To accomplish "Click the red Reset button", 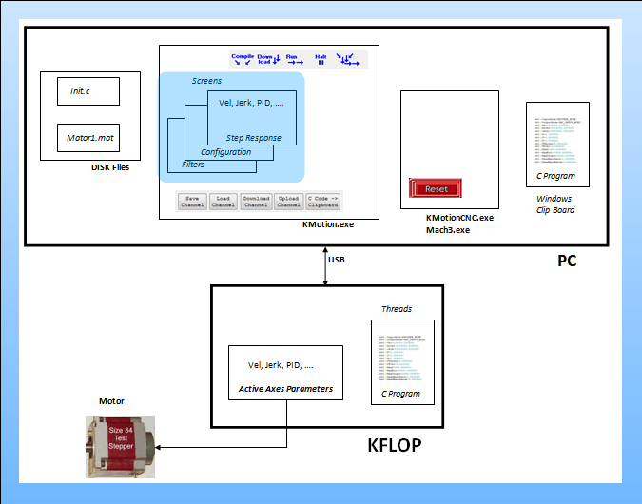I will (x=437, y=188).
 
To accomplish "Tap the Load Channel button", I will (x=224, y=201).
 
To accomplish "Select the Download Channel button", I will (x=256, y=201).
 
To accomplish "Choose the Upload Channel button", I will (x=288, y=201).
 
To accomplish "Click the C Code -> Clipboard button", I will (x=322, y=201).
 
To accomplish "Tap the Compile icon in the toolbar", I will (x=243, y=58).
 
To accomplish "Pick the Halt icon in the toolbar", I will (x=321, y=58).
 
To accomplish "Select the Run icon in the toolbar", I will (x=295, y=58).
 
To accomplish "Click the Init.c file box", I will (x=88, y=91).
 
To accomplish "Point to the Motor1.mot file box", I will (x=88, y=137).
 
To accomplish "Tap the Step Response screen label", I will (x=253, y=138).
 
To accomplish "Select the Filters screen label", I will (x=192, y=165).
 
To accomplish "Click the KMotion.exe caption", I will (x=327, y=225).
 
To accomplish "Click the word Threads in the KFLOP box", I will (x=397, y=309).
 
